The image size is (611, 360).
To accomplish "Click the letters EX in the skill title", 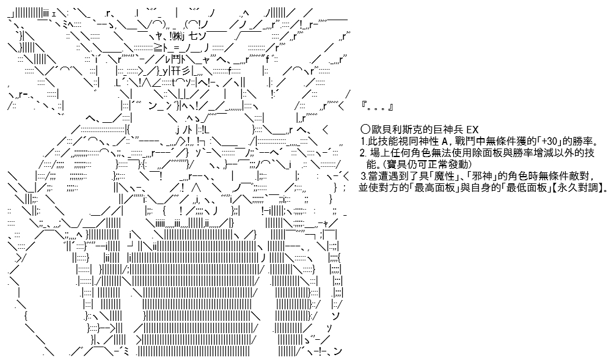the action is coord(472,130).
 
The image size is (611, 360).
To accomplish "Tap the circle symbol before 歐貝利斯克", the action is coord(365,130).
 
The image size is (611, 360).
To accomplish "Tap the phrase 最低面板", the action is coord(527,188).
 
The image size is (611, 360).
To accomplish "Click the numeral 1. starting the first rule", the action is coord(364,141).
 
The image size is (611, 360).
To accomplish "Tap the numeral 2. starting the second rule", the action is coord(364,153).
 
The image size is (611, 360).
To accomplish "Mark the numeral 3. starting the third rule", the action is coord(365,176).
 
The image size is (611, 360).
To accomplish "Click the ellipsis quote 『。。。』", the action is coord(377,107).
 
